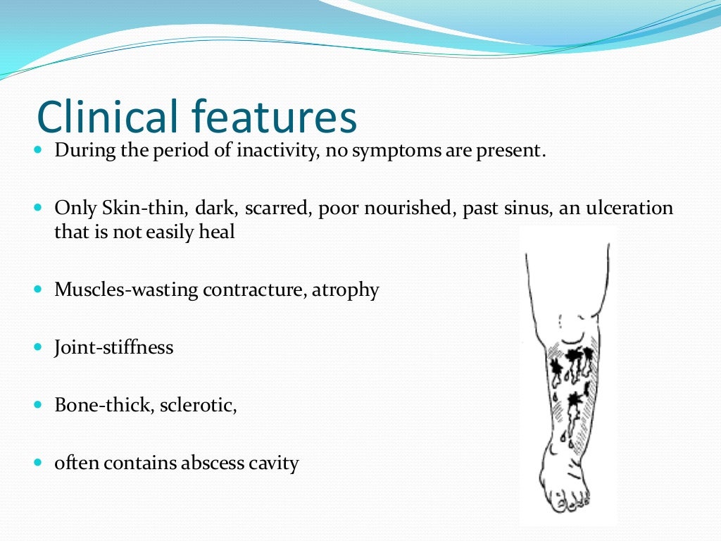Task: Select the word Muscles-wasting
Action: (x=126, y=290)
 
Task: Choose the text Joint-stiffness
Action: (x=113, y=347)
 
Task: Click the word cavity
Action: (x=274, y=464)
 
